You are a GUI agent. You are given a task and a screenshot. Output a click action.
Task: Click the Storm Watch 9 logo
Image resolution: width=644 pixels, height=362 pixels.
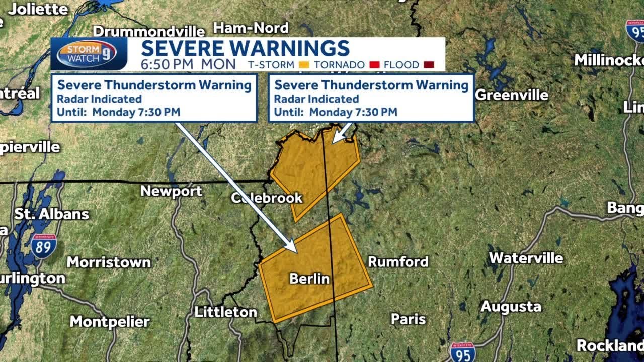86,54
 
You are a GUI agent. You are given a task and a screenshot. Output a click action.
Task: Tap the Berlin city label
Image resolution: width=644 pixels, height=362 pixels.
309,278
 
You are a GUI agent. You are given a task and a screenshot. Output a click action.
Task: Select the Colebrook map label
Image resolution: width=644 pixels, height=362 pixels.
267,198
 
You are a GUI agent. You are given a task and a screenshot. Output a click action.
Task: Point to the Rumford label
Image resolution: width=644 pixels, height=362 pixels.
398,261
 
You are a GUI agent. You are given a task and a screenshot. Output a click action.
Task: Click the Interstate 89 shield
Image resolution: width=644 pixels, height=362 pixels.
43,246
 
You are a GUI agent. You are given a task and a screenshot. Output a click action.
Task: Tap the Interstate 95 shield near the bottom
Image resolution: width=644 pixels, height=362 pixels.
463,352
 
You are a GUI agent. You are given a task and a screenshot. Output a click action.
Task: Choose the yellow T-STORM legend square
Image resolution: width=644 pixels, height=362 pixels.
303,65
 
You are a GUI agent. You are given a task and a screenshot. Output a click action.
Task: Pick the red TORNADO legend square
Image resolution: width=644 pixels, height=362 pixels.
374,65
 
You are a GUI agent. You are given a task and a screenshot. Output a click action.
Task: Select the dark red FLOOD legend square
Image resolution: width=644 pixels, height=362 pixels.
429,65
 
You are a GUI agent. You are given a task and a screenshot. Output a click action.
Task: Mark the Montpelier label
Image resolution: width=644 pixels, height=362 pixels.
110,322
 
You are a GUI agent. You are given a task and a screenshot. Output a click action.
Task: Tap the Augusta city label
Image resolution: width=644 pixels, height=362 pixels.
511,306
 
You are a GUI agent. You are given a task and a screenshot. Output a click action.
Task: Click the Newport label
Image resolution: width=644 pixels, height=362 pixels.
171,191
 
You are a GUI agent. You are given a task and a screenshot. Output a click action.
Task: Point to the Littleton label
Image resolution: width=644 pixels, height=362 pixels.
226,312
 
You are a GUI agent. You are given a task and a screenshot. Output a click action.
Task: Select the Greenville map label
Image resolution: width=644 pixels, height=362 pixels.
512,95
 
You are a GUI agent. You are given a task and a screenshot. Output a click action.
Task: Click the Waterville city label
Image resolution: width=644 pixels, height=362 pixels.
526,258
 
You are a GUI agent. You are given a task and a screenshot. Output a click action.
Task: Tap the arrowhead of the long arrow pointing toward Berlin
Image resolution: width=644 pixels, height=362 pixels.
293,247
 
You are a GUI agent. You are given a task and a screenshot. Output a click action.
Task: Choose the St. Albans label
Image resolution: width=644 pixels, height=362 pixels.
51,214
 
